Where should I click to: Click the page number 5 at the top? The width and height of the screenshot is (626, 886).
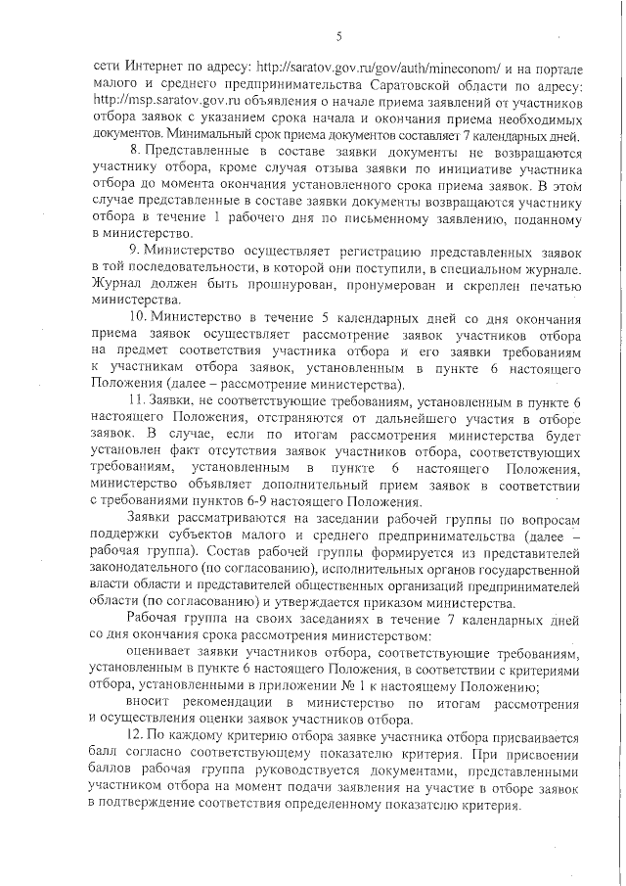[336, 36]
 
